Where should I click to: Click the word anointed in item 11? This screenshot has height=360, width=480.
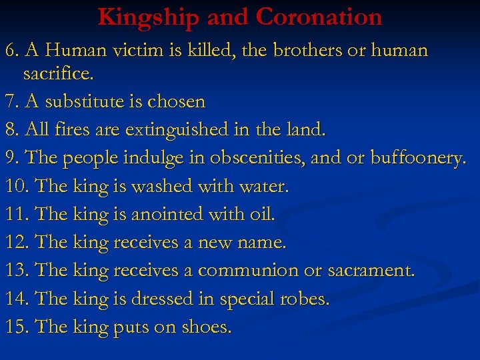pyautogui.click(x=167, y=214)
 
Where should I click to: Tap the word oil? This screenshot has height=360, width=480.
pyautogui.click(x=260, y=214)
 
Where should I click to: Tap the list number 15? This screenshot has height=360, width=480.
pyautogui.click(x=17, y=327)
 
